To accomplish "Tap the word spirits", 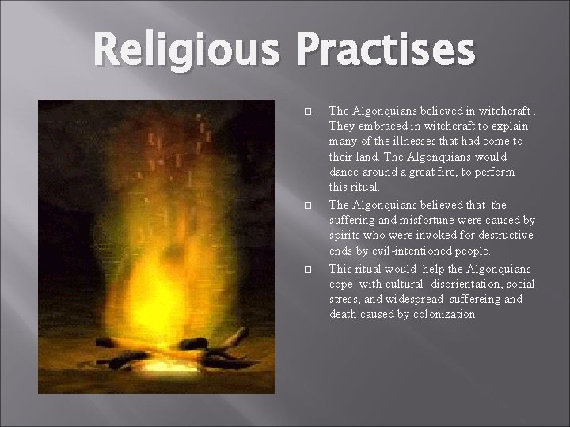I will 346,236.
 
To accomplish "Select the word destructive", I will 507,236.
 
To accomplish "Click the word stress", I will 344,299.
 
